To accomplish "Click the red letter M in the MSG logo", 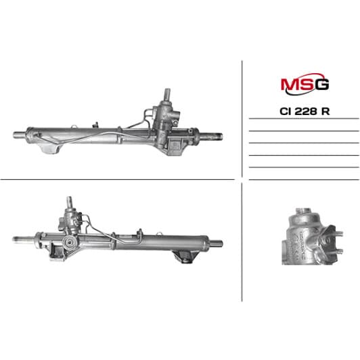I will [287, 85].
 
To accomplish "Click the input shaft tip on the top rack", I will [165, 91].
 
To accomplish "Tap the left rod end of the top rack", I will [18, 133].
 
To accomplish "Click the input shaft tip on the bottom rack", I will [69, 201].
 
